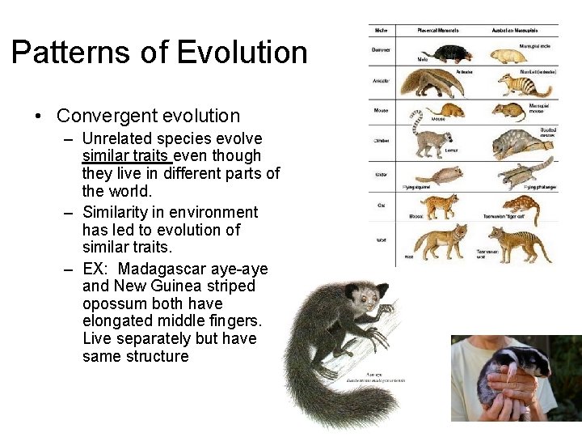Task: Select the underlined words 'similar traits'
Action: pyautogui.click(x=127, y=155)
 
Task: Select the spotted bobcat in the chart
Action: pyautogui.click(x=441, y=206)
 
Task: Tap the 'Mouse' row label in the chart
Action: pyautogui.click(x=381, y=110)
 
